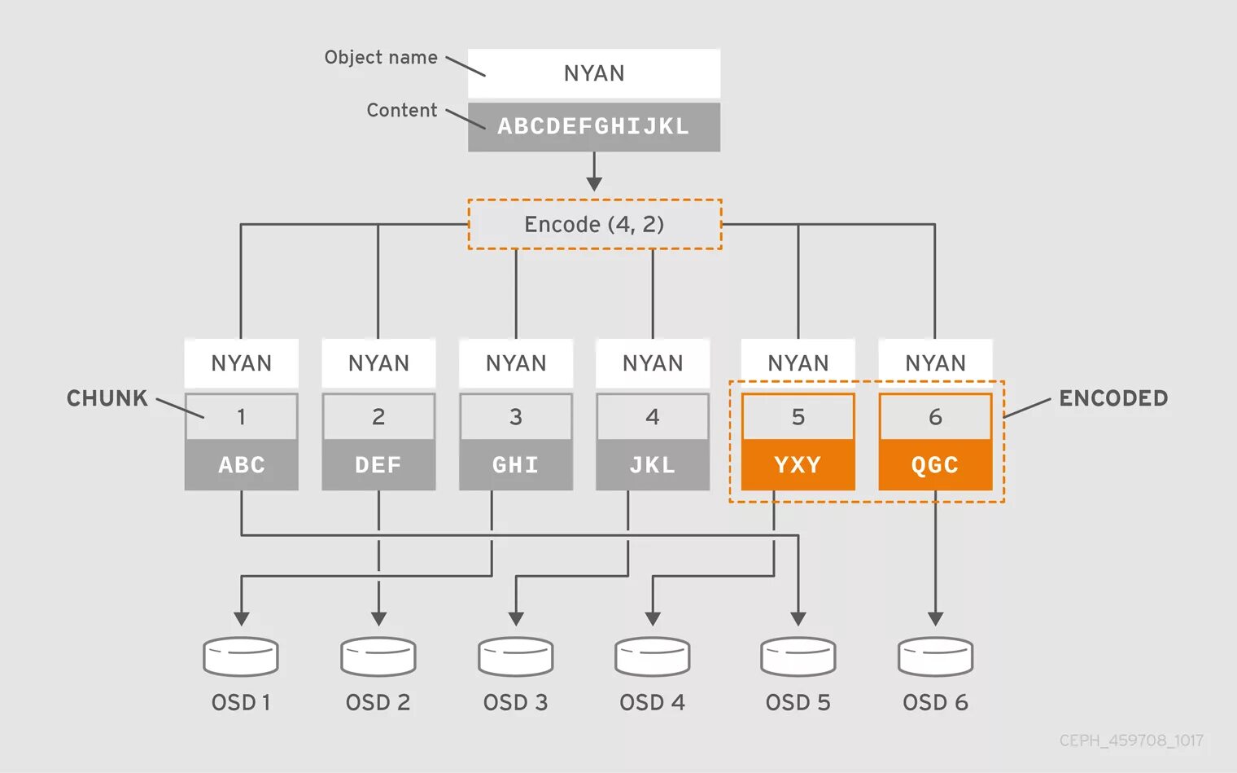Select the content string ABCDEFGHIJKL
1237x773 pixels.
593,126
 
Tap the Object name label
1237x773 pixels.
381,57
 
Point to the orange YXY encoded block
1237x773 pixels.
798,465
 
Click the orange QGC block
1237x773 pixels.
935,465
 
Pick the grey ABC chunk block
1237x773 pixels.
242,465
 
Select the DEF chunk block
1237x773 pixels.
378,465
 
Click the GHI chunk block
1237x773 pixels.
516,465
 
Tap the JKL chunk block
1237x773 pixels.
653,465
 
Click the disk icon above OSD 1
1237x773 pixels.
241,657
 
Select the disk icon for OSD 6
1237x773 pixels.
935,657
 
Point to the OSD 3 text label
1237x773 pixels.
516,702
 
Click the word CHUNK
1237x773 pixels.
107,398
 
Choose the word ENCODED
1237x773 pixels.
1113,398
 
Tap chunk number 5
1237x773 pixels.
798,417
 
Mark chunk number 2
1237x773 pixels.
378,417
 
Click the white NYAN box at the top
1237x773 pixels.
594,73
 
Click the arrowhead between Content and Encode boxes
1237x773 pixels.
594,183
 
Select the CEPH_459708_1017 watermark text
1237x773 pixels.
1131,740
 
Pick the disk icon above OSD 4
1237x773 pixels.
653,657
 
